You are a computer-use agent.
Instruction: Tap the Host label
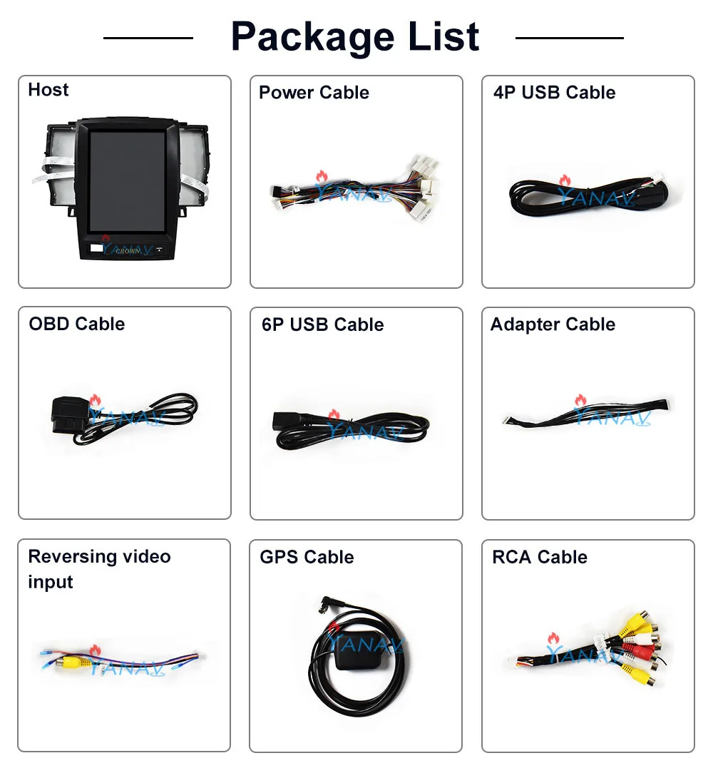click(x=48, y=90)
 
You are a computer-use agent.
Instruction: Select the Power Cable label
click(x=314, y=93)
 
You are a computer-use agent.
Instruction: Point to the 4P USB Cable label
click(x=554, y=93)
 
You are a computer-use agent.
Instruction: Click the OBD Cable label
click(x=76, y=324)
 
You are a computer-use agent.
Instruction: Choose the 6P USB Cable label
click(x=322, y=324)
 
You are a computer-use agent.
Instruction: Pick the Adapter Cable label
click(x=553, y=324)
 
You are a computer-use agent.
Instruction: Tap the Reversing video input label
click(x=99, y=569)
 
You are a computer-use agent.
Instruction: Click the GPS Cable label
click(x=307, y=557)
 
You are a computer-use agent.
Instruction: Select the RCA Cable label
click(x=540, y=557)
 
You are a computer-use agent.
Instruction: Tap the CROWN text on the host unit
click(x=128, y=250)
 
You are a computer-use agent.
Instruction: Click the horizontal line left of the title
click(x=148, y=38)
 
